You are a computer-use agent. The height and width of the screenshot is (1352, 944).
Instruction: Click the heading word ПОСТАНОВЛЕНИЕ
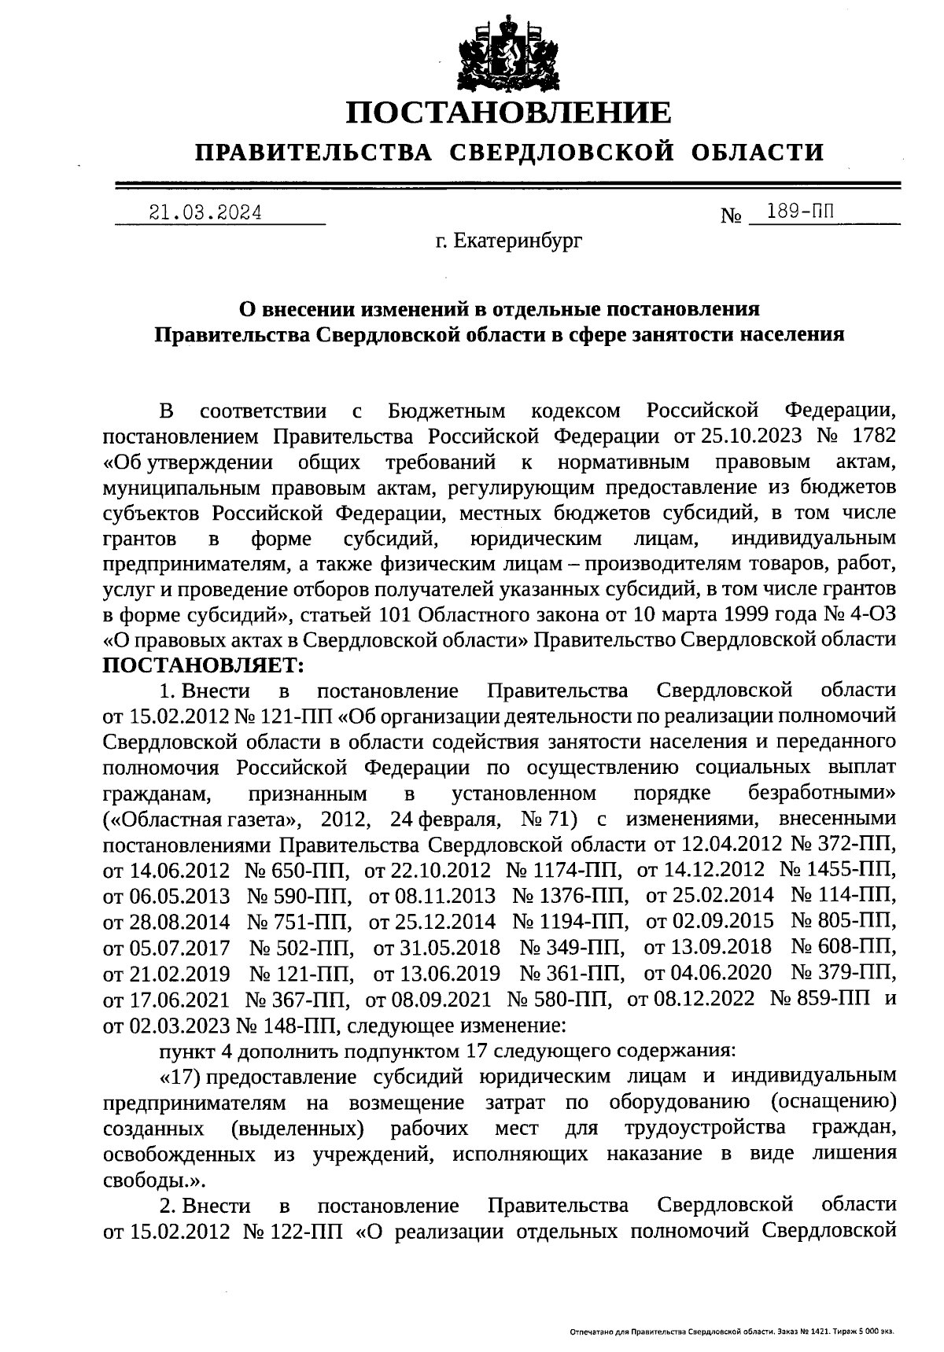coord(509,113)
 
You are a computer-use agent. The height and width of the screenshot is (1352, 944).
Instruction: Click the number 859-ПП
coord(834,999)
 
